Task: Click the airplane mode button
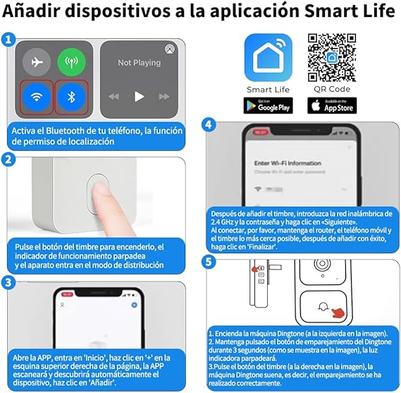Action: (36, 63)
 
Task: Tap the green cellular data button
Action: (70, 63)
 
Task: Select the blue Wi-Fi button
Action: (36, 97)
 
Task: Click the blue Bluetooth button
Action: (70, 97)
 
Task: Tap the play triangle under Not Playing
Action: (140, 97)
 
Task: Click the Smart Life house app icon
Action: (268, 57)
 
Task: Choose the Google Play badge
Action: (268, 107)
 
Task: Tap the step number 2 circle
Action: (8, 159)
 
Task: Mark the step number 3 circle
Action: (8, 283)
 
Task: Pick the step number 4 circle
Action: (208, 125)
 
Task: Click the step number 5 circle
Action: (208, 262)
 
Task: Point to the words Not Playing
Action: (140, 63)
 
